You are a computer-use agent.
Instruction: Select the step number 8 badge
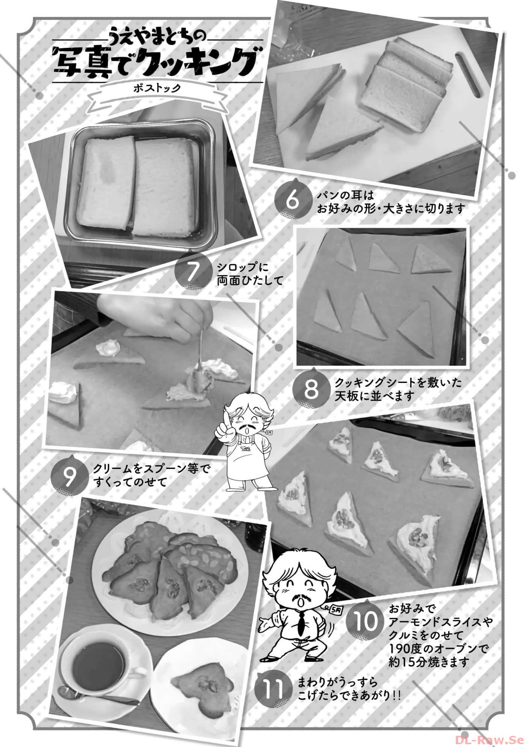point(311,390)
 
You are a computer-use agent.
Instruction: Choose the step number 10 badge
point(366,621)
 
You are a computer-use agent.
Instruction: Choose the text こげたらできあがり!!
point(349,695)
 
